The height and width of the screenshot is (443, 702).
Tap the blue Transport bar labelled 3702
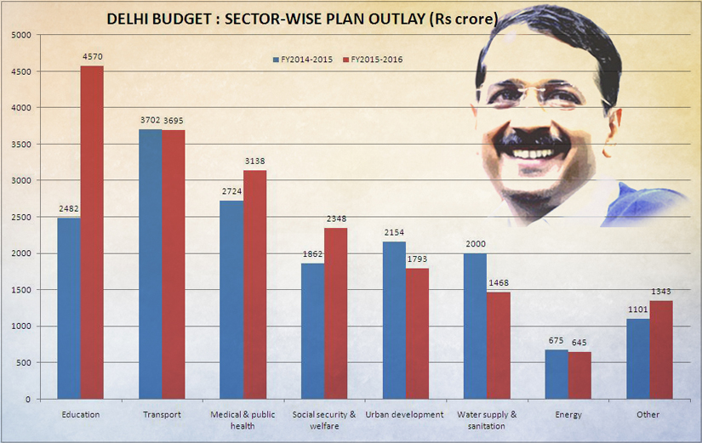[151, 264]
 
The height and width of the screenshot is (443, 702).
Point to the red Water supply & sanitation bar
[499, 345]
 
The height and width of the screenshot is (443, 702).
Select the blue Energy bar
[556, 374]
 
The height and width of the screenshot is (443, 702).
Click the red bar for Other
[661, 349]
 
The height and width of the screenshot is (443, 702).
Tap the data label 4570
[93, 57]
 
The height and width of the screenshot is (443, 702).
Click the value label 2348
[336, 219]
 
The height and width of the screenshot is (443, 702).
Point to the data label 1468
[499, 283]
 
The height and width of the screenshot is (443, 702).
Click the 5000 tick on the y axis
[22, 35]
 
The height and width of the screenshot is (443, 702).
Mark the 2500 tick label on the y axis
[22, 217]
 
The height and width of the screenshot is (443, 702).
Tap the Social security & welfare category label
[324, 420]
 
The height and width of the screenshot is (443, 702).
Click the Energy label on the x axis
[568, 415]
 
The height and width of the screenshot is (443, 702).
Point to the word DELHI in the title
[128, 19]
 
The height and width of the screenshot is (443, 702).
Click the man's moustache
[532, 133]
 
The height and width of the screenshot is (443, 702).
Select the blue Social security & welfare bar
[312, 331]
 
